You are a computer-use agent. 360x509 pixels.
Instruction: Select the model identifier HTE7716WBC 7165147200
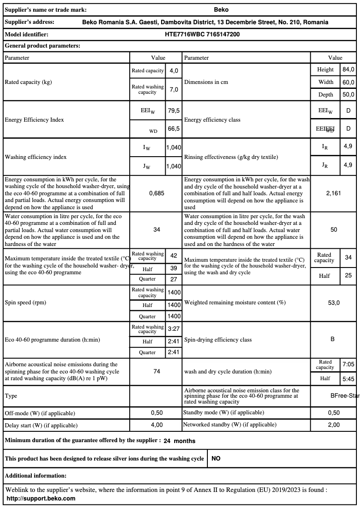pos(205,34)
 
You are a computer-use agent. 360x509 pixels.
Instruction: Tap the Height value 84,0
pos(348,70)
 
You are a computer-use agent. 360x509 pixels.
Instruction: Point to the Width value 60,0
pos(348,82)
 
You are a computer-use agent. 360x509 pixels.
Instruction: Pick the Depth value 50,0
pos(348,95)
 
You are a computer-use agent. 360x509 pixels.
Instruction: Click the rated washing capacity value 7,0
pos(174,89)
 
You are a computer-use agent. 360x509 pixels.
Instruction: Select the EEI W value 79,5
pos(174,110)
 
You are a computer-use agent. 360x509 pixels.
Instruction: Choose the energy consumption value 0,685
pos(157,193)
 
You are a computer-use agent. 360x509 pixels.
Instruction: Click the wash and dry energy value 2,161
pos(334,193)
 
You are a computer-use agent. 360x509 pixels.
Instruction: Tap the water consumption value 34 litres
pos(157,230)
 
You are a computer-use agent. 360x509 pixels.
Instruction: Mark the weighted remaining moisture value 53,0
pos(334,303)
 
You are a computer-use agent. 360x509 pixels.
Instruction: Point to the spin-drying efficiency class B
pos(333,339)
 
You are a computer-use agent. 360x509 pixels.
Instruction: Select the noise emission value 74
pos(157,372)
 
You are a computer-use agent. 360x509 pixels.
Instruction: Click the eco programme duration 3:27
pos(174,329)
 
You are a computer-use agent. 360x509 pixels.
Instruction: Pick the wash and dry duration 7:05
pos(348,364)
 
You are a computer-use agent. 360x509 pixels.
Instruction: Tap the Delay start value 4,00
pos(157,425)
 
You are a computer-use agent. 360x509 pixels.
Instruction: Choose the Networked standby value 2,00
pos(334,425)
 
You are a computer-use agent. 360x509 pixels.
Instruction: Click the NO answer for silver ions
pos(216,459)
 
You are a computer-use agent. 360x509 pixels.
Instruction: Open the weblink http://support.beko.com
pos(41,498)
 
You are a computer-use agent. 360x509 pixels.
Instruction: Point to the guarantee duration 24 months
pos(179,441)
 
